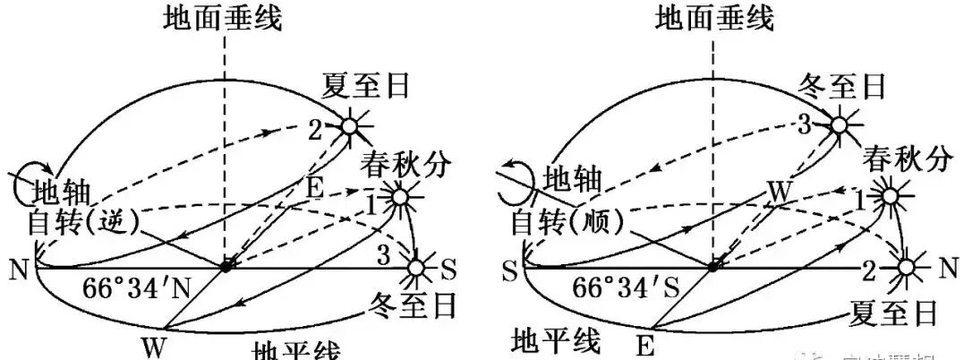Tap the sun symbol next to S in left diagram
click(x=416, y=267)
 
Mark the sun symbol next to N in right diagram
click(x=906, y=267)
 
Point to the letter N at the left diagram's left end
click(x=17, y=269)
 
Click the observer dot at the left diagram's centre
click(x=226, y=266)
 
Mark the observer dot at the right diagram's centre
click(x=713, y=266)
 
